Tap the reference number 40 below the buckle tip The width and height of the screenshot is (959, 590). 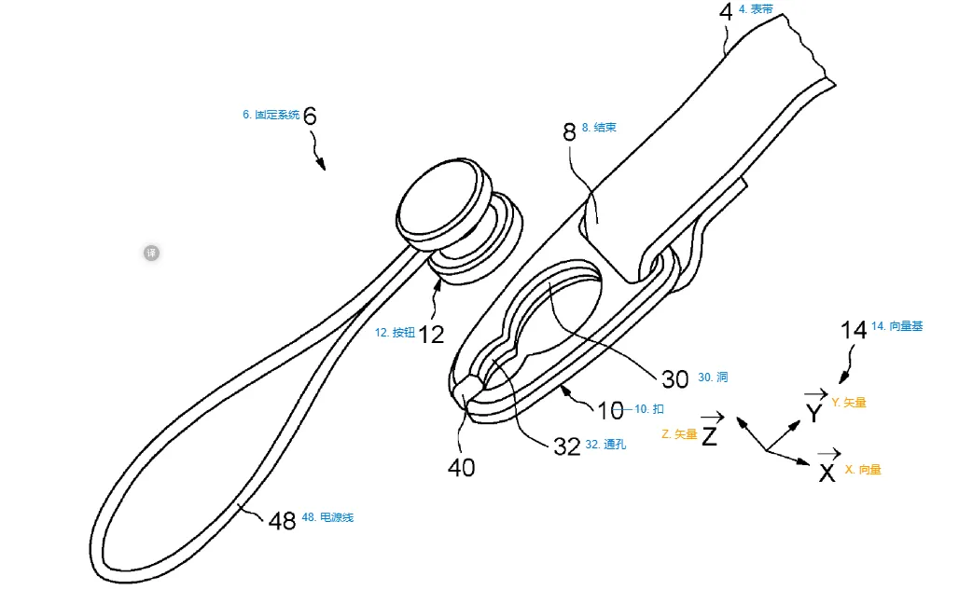click(461, 466)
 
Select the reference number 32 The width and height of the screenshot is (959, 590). click(567, 446)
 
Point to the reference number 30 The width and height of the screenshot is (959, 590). click(674, 378)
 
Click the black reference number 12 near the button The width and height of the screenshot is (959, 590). click(431, 334)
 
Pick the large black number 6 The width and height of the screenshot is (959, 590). click(311, 117)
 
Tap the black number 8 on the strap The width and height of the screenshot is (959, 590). click(569, 132)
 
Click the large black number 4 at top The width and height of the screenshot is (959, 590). click(726, 14)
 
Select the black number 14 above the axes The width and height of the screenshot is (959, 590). click(854, 329)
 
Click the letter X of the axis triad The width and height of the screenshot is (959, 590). click(827, 473)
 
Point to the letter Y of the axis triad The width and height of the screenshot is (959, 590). click(814, 411)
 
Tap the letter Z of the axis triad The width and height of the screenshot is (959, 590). click(710, 434)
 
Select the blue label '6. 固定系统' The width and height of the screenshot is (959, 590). click(271, 116)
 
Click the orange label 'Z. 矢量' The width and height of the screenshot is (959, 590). click(678, 434)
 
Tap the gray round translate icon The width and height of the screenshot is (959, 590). click(151, 253)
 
